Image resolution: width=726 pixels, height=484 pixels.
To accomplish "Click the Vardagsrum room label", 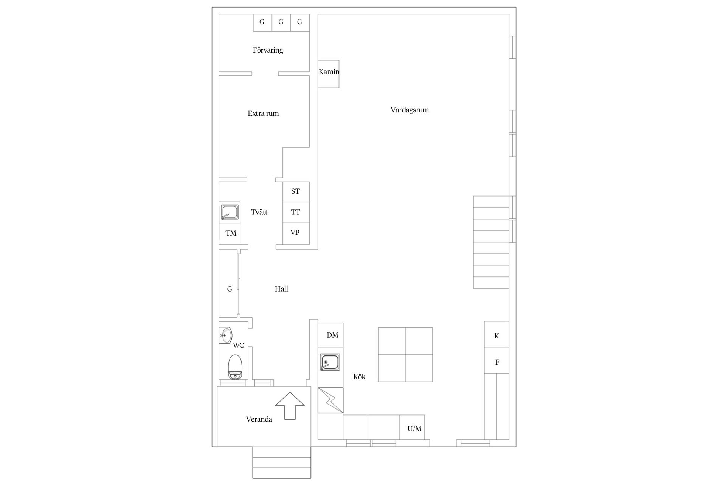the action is [410, 110].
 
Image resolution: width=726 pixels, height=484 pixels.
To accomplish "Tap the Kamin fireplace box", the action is [328, 74].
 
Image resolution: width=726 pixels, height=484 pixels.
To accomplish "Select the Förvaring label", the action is [268, 50].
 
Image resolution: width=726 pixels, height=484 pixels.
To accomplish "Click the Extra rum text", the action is [263, 113].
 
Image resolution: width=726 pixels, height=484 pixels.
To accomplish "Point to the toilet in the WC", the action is [235, 367].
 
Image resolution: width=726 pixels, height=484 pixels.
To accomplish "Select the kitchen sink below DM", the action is [330, 362].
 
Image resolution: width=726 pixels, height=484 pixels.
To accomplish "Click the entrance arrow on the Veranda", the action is [290, 406].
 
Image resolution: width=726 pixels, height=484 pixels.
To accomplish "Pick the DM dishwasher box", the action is [330, 335].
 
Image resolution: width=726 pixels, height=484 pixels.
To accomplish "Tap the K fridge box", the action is [496, 334].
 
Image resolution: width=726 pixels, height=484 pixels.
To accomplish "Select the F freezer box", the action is [496, 360].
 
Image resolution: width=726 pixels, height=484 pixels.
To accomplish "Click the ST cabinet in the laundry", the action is [296, 192].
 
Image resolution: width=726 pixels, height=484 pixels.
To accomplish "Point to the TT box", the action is [296, 212].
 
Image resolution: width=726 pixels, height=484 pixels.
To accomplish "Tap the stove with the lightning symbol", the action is [330, 400].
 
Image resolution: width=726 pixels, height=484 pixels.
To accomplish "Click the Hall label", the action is [281, 289].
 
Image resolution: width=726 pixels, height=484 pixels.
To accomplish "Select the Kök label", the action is [359, 377].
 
